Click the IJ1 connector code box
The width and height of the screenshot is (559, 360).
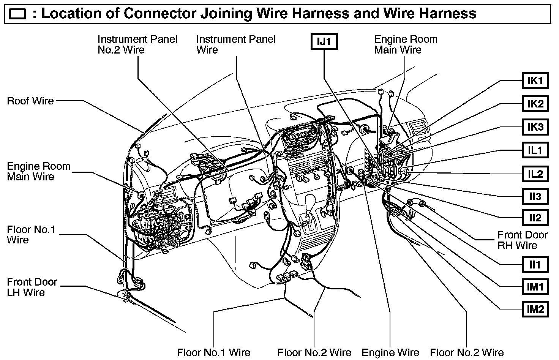tap(324, 42)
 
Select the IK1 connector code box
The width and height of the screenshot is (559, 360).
tap(535, 81)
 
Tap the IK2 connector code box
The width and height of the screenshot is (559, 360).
tap(535, 104)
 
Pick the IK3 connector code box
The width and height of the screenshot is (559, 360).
tap(535, 127)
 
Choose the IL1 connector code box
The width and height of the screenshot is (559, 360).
tap(535, 150)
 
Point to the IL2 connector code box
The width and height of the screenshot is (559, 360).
tap(535, 174)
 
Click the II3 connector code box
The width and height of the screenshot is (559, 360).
tap(535, 197)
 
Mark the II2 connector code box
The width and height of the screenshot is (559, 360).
tap(535, 218)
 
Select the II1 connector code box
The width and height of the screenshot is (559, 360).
tap(535, 264)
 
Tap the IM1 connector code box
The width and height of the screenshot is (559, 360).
tap(535, 287)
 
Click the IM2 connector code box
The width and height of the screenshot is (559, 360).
tap(535, 309)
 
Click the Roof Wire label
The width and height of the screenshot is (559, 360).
tap(30, 101)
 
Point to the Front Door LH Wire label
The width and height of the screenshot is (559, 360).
tap(32, 287)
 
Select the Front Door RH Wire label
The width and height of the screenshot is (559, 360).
tap(523, 240)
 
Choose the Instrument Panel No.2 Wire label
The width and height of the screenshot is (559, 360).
tap(137, 44)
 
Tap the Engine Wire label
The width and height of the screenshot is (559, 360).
tap(390, 353)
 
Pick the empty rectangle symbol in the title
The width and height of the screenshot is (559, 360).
tap(17, 15)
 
